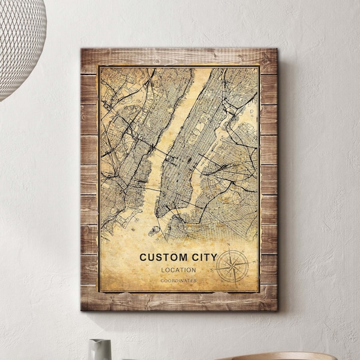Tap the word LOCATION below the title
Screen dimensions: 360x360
tap(178, 270)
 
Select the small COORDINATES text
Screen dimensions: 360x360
tap(178, 280)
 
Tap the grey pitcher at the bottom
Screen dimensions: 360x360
tap(100, 349)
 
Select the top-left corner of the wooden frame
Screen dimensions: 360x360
tap(82, 50)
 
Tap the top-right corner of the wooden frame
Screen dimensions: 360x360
tap(277, 50)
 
